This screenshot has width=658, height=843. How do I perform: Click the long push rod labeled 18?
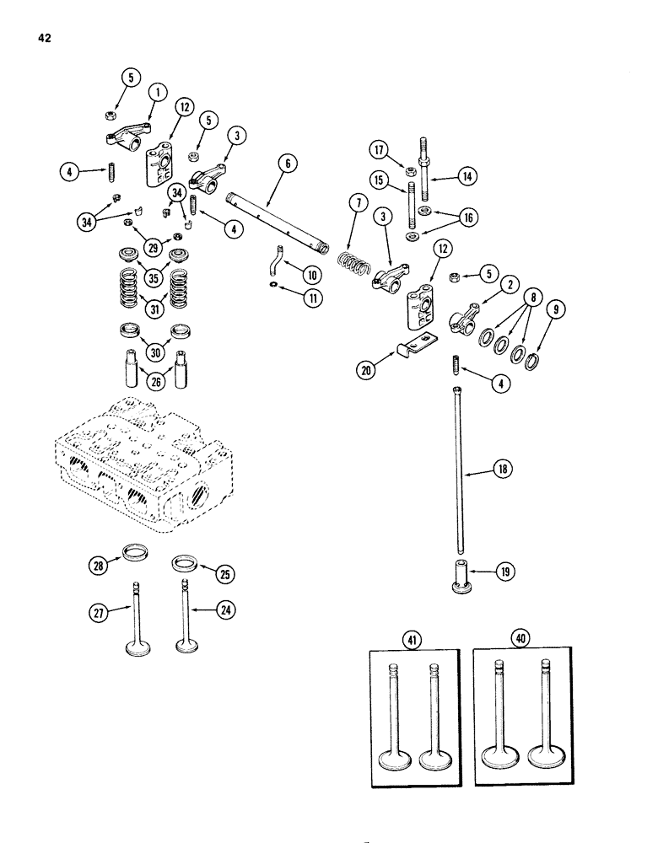point(459,472)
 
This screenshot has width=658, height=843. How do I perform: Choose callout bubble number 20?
point(364,369)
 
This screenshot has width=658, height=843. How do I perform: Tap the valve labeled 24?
point(185,620)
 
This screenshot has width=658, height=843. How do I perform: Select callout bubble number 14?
point(466,176)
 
